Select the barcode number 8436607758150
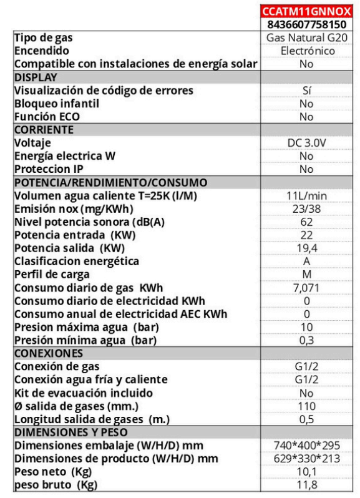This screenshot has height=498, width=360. (306, 25)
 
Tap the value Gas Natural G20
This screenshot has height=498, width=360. (306, 38)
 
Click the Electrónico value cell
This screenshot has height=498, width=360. (306, 51)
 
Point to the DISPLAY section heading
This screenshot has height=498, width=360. (36, 77)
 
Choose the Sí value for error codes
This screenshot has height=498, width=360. (306, 91)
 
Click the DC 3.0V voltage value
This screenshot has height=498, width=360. (306, 143)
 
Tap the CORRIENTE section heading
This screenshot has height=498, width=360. (43, 130)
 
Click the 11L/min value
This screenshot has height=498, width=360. (306, 195)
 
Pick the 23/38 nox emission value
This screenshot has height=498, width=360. (306, 208)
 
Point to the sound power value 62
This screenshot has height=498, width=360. (306, 222)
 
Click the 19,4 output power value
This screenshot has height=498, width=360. (306, 248)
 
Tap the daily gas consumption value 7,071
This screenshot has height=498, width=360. (306, 287)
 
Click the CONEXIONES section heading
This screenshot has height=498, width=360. (44, 353)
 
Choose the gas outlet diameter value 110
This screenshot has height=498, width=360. (306, 406)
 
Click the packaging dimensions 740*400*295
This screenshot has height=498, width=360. (306, 445)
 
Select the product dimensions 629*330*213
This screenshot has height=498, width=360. (306, 458)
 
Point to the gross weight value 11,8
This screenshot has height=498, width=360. (306, 484)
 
